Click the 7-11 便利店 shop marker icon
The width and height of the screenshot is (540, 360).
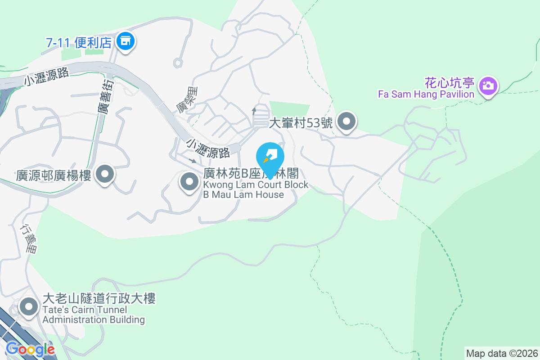(x=126, y=42)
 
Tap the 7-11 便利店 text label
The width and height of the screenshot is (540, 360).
(x=79, y=43)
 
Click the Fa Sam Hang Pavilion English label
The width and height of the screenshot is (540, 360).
(x=426, y=94)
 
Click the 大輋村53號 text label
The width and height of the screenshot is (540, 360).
(x=301, y=123)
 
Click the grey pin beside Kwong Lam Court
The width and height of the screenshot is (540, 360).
(x=189, y=182)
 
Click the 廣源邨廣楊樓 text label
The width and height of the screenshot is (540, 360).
(x=54, y=175)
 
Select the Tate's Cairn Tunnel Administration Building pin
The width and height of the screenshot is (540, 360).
(x=30, y=307)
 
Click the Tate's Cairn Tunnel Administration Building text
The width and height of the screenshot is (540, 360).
(x=99, y=309)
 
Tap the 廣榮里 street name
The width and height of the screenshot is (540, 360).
(x=185, y=101)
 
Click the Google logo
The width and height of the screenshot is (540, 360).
(x=30, y=349)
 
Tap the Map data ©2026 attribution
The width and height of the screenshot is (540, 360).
(x=501, y=353)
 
